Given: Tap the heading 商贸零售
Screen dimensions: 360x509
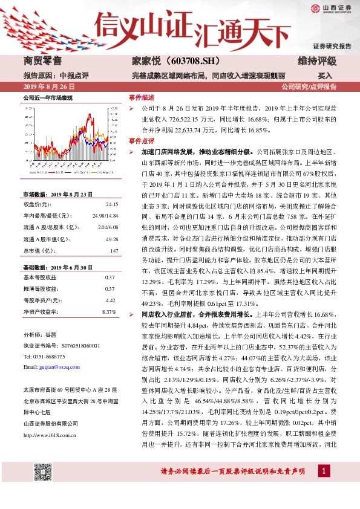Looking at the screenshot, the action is coord(43,61).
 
